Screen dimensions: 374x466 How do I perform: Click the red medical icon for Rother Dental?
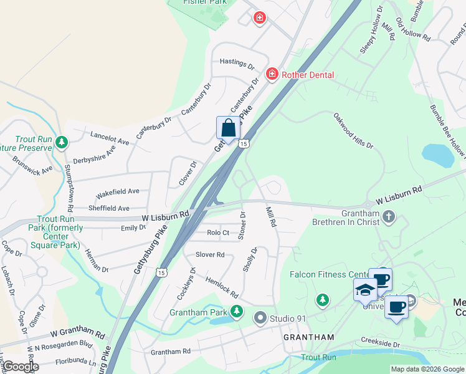(272, 75)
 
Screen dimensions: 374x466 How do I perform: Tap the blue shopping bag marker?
(228, 128)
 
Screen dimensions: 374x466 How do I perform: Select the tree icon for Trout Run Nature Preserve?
(61, 143)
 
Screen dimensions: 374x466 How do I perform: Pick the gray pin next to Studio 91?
(260, 319)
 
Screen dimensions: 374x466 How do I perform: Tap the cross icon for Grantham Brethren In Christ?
(389, 217)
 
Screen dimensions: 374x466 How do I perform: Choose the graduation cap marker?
(366, 290)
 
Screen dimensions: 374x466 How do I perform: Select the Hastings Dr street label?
(237, 63)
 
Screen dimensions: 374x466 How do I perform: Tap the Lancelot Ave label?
(110, 138)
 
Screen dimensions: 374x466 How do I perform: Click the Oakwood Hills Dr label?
(353, 131)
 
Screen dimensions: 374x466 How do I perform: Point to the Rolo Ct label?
(218, 233)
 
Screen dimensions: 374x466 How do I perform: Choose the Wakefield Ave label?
(117, 191)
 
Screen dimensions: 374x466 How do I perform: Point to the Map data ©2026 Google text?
(427, 369)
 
